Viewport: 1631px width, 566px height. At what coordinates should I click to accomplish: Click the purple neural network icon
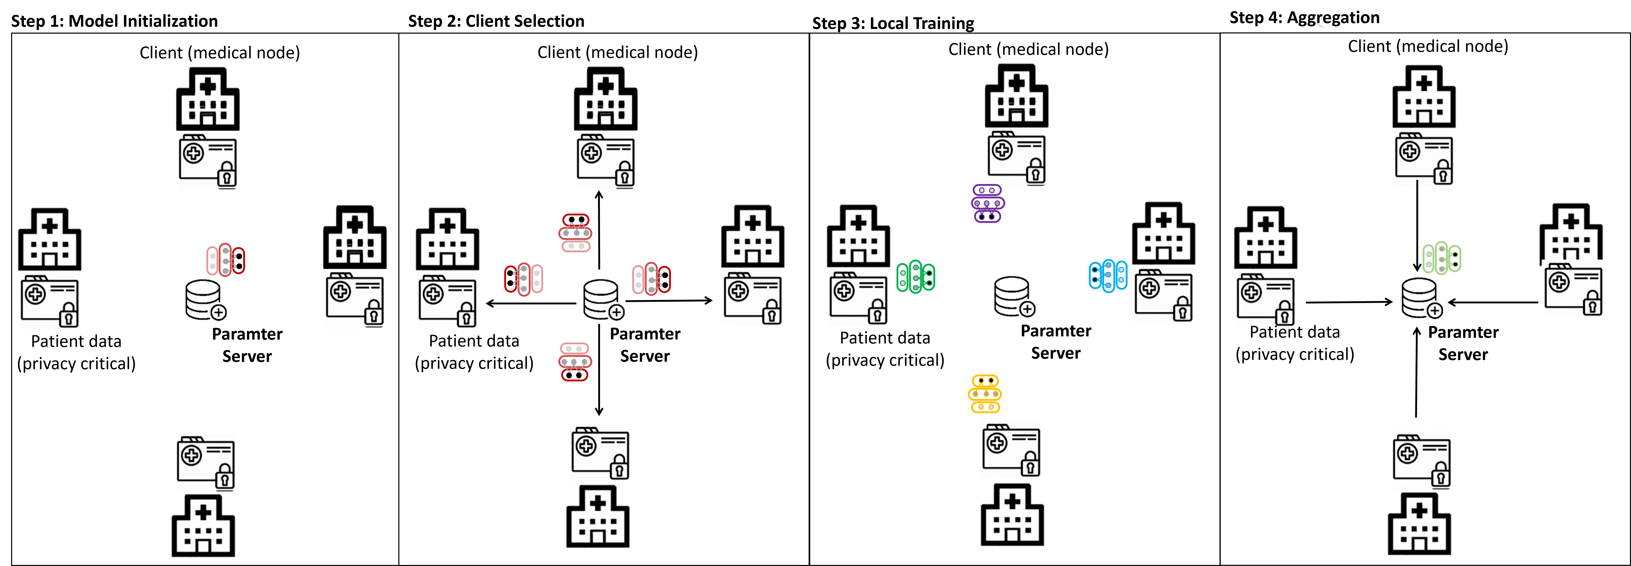tap(987, 203)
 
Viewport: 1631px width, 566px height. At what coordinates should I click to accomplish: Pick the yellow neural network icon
tap(985, 394)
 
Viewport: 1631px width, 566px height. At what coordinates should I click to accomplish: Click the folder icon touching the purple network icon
tap(1019, 157)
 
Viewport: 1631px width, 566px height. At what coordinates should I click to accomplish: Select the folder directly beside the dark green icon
tap(860, 297)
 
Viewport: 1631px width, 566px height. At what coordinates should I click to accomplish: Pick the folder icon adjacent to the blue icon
tap(1166, 294)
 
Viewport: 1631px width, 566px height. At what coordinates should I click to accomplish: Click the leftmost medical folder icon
tap(52, 301)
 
